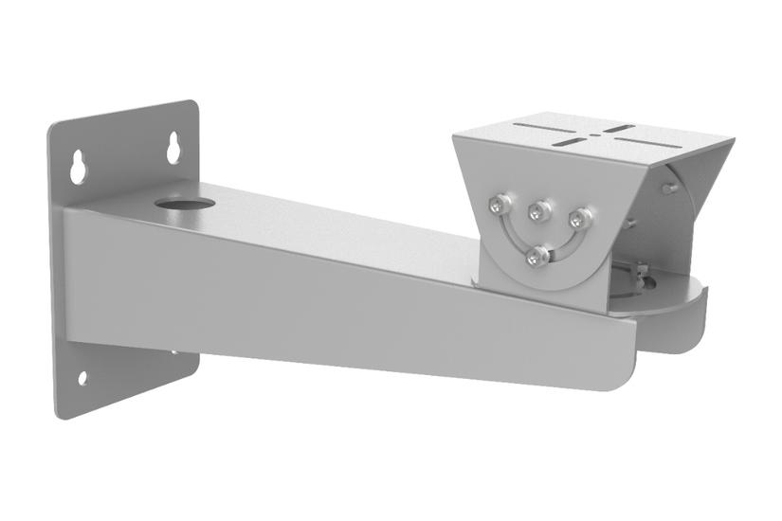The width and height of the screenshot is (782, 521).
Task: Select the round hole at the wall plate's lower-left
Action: click(x=82, y=377)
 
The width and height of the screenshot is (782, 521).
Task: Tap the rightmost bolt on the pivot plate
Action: click(x=580, y=219)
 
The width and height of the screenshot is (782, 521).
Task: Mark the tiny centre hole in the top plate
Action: click(x=594, y=135)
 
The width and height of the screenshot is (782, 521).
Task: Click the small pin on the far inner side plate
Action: click(x=670, y=189)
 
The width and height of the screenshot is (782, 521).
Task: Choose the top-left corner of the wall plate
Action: click(x=51, y=125)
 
